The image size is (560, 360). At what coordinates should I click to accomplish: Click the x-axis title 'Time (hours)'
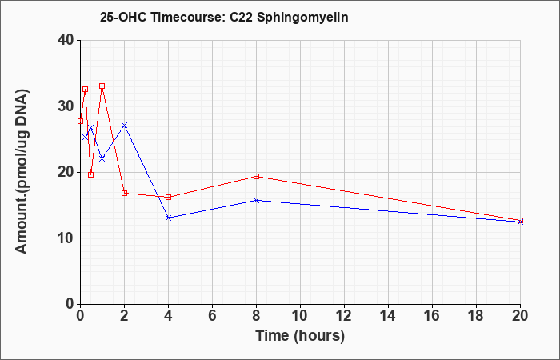pyautogui.click(x=300, y=335)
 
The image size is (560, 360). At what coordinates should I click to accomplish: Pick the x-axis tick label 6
pyautogui.click(x=212, y=314)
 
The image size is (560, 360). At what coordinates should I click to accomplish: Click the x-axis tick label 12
pyautogui.click(x=344, y=314)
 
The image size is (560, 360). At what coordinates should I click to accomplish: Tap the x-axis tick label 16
pyautogui.click(x=432, y=314)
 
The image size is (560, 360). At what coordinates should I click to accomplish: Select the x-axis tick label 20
pyautogui.click(x=520, y=314)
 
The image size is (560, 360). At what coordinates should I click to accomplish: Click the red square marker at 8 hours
pyautogui.click(x=256, y=176)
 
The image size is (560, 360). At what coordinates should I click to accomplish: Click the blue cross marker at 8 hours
pyautogui.click(x=256, y=200)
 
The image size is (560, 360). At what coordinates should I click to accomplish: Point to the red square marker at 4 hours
pyautogui.click(x=168, y=197)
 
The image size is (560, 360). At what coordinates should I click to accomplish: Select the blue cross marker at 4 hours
pyautogui.click(x=168, y=218)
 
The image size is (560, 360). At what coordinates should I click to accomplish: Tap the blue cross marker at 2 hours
pyautogui.click(x=124, y=125)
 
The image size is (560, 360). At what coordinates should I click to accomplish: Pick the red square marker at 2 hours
pyautogui.click(x=124, y=193)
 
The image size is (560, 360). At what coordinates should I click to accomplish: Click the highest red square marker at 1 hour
pyautogui.click(x=102, y=86)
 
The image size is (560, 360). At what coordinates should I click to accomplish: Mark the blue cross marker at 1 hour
pyautogui.click(x=102, y=158)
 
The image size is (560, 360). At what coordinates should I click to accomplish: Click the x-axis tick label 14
pyautogui.click(x=388, y=314)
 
